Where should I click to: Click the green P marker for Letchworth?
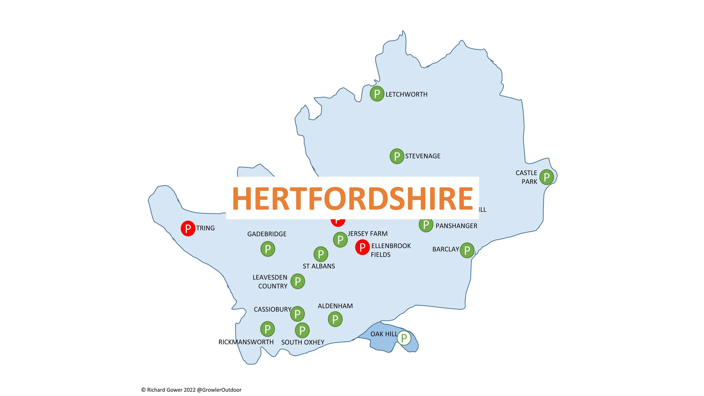coord(377,94)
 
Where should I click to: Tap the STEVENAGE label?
coord(422,156)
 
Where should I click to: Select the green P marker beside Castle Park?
coord(547,177)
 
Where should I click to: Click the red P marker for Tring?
coord(188,228)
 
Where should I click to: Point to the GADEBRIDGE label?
coord(267,234)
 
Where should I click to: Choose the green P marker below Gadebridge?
coord(268,249)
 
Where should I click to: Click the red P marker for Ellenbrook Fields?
coord(362,247)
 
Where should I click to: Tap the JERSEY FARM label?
coord(367,234)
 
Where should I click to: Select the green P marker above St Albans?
coord(321,254)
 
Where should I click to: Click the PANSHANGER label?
coord(456,226)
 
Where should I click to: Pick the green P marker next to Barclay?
coord(467,250)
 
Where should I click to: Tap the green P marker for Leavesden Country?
coord(298,281)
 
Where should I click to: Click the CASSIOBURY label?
coord(272,310)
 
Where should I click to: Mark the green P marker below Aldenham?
coord(335,319)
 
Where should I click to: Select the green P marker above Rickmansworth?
coord(268,329)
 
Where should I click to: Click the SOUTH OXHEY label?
coord(303,342)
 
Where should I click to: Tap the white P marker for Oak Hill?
coord(404,338)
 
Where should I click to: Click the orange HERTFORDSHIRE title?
coord(352,199)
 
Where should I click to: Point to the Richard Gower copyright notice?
coord(191,390)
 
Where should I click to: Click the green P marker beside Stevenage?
coord(397,156)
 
